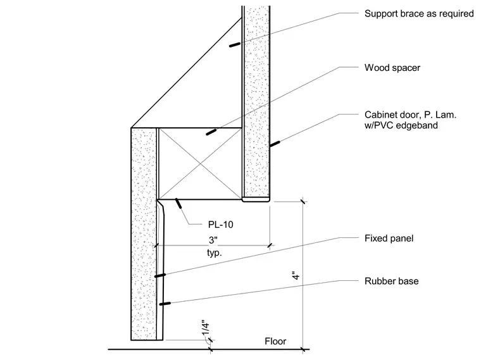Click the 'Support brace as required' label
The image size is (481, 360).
(419, 14)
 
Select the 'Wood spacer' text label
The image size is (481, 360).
(392, 68)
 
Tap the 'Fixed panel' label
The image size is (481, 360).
(389, 239)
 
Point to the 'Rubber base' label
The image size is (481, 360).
(391, 281)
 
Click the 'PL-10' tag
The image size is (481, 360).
(220, 225)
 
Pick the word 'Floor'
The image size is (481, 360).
(275, 341)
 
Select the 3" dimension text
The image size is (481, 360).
(213, 240)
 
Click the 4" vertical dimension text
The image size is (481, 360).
(296, 275)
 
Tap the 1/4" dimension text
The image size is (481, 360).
(206, 329)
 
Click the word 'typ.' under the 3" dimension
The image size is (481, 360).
(215, 253)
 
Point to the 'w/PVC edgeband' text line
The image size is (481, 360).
(401, 125)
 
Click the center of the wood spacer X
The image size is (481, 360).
(201, 164)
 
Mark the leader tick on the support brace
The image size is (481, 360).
(235, 45)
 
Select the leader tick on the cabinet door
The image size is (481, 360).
(275, 144)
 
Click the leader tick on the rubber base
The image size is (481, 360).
(165, 304)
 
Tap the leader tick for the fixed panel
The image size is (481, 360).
(160, 275)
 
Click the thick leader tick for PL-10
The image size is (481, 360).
(178, 203)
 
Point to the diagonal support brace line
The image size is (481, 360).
(186, 73)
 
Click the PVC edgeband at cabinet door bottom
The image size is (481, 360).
(256, 200)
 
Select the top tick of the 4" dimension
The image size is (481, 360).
(303, 201)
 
